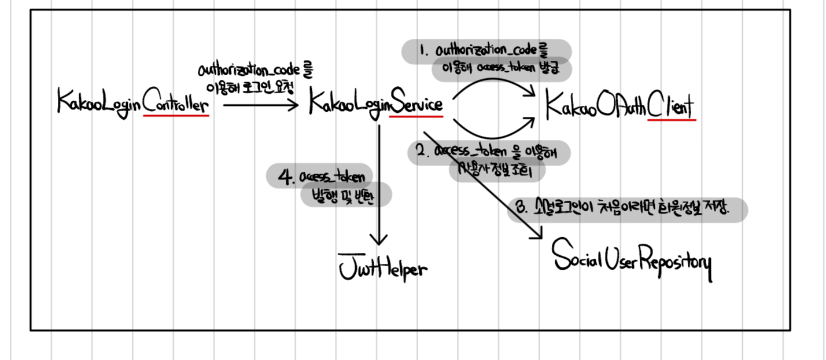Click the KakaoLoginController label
pos(132,102)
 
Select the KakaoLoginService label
pos(376,104)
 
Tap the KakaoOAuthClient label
pos(620,106)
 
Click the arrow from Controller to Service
pos(260,105)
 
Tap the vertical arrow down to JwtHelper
pos(379,185)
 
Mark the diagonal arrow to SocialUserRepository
pos(486,185)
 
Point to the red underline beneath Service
pos(416,116)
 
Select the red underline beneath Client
pos(672,120)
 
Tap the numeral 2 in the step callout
pos(421,152)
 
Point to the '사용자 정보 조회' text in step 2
pos(497,171)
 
